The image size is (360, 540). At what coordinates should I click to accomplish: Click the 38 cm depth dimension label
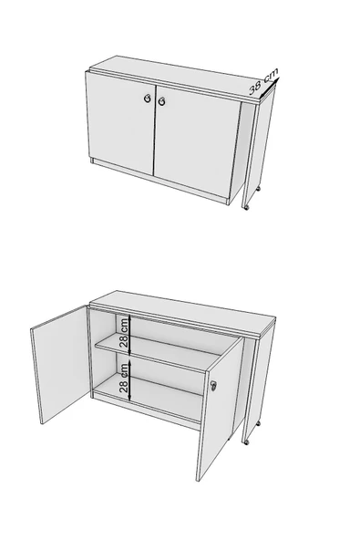(263, 81)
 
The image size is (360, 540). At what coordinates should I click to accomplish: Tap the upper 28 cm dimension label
(124, 332)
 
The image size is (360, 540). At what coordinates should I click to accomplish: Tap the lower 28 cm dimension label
(124, 378)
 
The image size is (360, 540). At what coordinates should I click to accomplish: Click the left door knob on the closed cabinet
(148, 99)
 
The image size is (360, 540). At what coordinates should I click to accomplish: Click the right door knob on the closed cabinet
(161, 101)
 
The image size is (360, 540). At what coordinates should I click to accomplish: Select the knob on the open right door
(214, 386)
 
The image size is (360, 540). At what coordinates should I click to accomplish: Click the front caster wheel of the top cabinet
(246, 207)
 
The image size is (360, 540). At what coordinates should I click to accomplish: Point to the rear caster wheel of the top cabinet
(258, 189)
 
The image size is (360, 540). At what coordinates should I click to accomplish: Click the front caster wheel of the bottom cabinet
(246, 441)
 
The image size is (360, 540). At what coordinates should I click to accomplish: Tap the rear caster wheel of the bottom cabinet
(258, 423)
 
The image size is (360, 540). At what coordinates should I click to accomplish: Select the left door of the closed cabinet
(120, 122)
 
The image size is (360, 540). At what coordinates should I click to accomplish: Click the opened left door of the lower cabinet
(60, 364)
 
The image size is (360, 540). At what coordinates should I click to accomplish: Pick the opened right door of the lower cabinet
(221, 410)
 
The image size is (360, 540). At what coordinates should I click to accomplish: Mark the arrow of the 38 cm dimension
(269, 87)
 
